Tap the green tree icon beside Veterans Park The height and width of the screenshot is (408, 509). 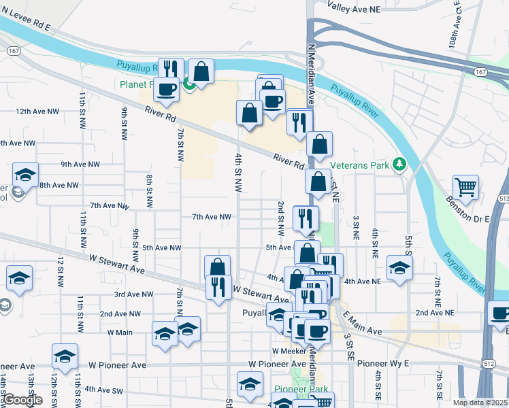[401, 165]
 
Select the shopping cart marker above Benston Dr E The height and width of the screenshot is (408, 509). [465, 187]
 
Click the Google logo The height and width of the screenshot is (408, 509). [22, 400]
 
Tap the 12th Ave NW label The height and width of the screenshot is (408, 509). [37, 111]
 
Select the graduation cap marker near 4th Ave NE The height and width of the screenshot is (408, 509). [399, 268]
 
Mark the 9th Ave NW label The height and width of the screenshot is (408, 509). [80, 165]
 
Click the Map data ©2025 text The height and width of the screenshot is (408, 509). [479, 403]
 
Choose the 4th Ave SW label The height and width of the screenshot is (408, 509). [103, 390]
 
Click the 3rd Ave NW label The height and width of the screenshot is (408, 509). [133, 294]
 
